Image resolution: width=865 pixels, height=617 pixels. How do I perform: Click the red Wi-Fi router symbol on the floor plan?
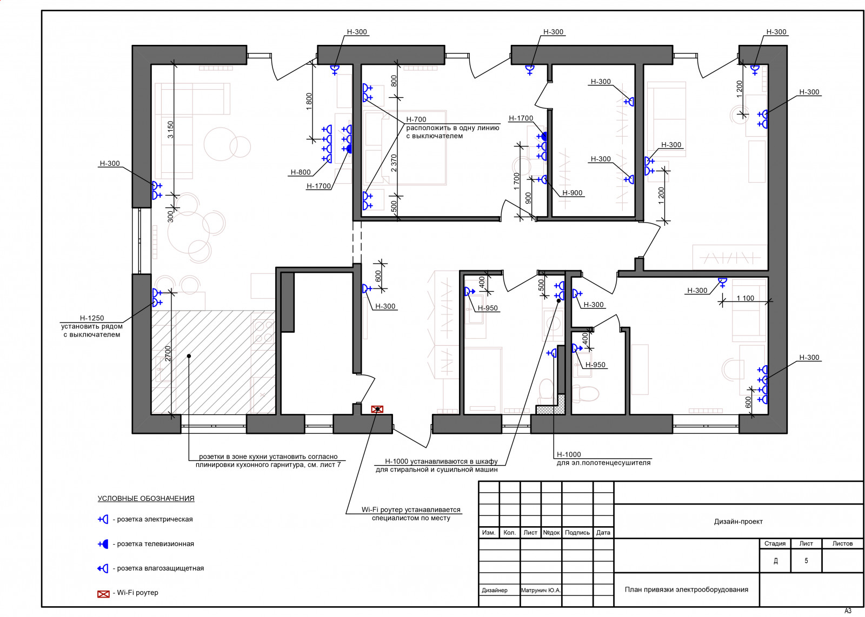(x=377, y=409)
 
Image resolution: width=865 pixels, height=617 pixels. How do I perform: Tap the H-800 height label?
(x=301, y=172)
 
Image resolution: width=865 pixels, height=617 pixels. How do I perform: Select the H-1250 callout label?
(x=92, y=318)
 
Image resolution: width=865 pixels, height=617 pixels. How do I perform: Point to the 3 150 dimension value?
(x=170, y=130)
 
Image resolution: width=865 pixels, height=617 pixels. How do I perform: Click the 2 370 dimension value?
(x=394, y=163)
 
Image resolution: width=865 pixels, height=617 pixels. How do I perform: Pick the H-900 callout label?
(x=573, y=193)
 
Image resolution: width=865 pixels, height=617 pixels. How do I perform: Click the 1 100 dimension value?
(x=746, y=298)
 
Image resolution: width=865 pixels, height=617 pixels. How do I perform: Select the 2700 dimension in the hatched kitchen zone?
(x=168, y=353)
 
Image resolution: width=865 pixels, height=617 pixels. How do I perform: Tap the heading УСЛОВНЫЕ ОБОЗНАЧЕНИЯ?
(x=146, y=498)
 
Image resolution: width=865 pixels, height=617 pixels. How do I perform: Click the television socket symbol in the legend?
(x=103, y=544)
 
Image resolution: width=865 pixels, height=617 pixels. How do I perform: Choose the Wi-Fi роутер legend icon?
(x=103, y=594)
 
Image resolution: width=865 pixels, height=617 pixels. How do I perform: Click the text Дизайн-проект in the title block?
(x=738, y=521)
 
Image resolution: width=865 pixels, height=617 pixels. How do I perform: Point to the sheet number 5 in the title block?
(x=806, y=561)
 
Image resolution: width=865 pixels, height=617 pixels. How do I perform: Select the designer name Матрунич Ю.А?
(x=541, y=590)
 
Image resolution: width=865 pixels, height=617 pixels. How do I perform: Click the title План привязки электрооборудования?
(x=687, y=589)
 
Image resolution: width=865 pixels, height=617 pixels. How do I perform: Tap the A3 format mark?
(x=848, y=611)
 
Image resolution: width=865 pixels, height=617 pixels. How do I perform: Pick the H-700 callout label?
(x=416, y=119)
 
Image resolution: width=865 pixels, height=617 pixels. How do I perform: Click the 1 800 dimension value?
(x=309, y=102)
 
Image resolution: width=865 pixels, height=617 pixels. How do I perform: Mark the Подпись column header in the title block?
(x=577, y=533)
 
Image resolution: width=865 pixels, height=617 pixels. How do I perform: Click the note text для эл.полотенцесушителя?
(x=603, y=462)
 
